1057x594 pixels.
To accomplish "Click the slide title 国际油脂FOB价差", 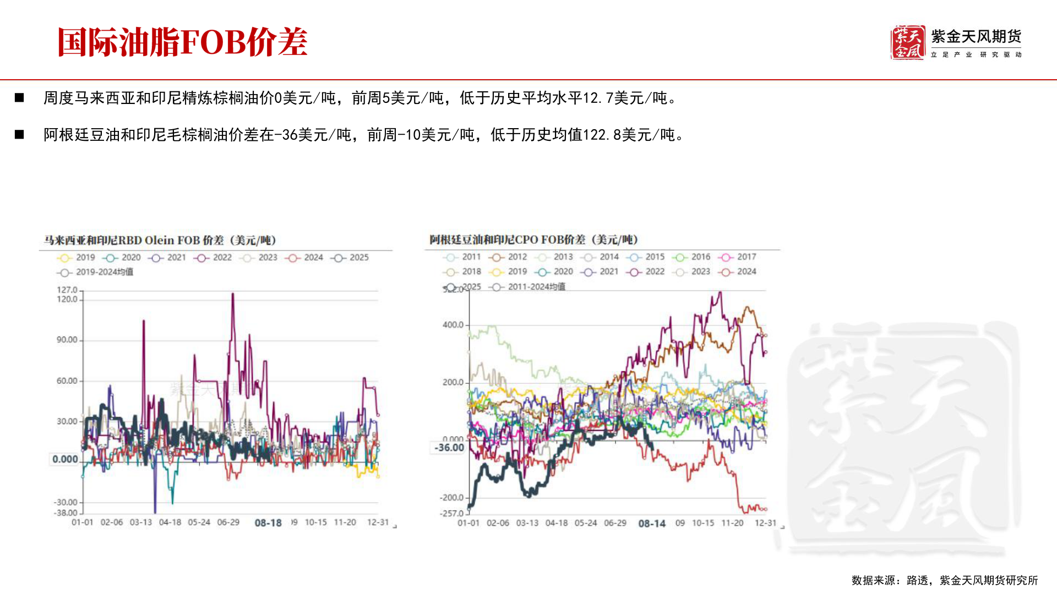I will coord(182,42).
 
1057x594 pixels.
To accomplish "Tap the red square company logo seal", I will coord(907,42).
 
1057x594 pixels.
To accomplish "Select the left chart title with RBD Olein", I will coord(160,240).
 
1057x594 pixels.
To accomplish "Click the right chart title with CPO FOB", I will coord(533,240).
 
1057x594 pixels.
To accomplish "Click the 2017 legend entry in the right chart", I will coord(737,257).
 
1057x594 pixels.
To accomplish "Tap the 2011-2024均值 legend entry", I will coord(528,287).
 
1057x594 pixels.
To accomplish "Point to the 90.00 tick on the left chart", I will coord(67,340).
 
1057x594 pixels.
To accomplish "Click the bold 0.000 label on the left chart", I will coord(65,459).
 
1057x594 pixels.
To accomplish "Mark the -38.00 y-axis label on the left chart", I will coord(66,513).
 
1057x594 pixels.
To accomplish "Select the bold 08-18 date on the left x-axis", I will coord(268,522).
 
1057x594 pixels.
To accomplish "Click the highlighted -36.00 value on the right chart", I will coord(449,448).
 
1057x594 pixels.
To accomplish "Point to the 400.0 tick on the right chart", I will coord(453,325).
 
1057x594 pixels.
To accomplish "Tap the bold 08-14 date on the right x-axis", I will coord(652,524).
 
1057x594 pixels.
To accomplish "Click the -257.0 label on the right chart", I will coord(451,513).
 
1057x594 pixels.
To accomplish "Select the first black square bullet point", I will coord(20,98).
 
